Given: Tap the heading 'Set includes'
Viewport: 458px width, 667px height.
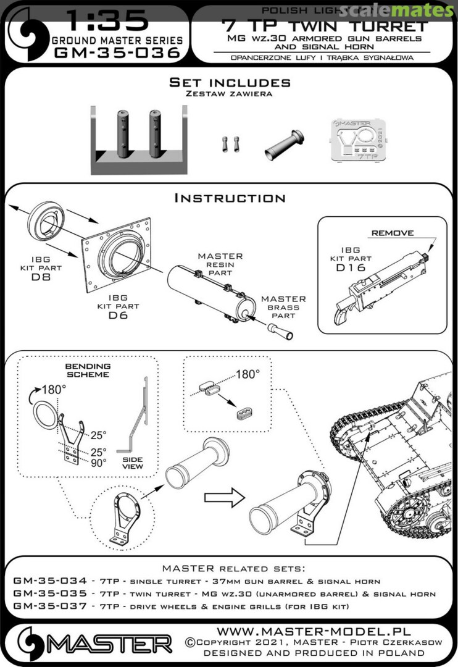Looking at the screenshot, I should pyautogui.click(x=230, y=83).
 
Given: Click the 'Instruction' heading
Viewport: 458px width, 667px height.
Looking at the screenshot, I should pyautogui.click(x=230, y=198).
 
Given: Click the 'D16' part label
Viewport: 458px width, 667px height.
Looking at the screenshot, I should pyautogui.click(x=351, y=268).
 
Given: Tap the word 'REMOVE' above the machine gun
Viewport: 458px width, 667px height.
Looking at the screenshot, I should pyautogui.click(x=393, y=234).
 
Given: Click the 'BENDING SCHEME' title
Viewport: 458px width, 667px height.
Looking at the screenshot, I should pyautogui.click(x=88, y=371).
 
